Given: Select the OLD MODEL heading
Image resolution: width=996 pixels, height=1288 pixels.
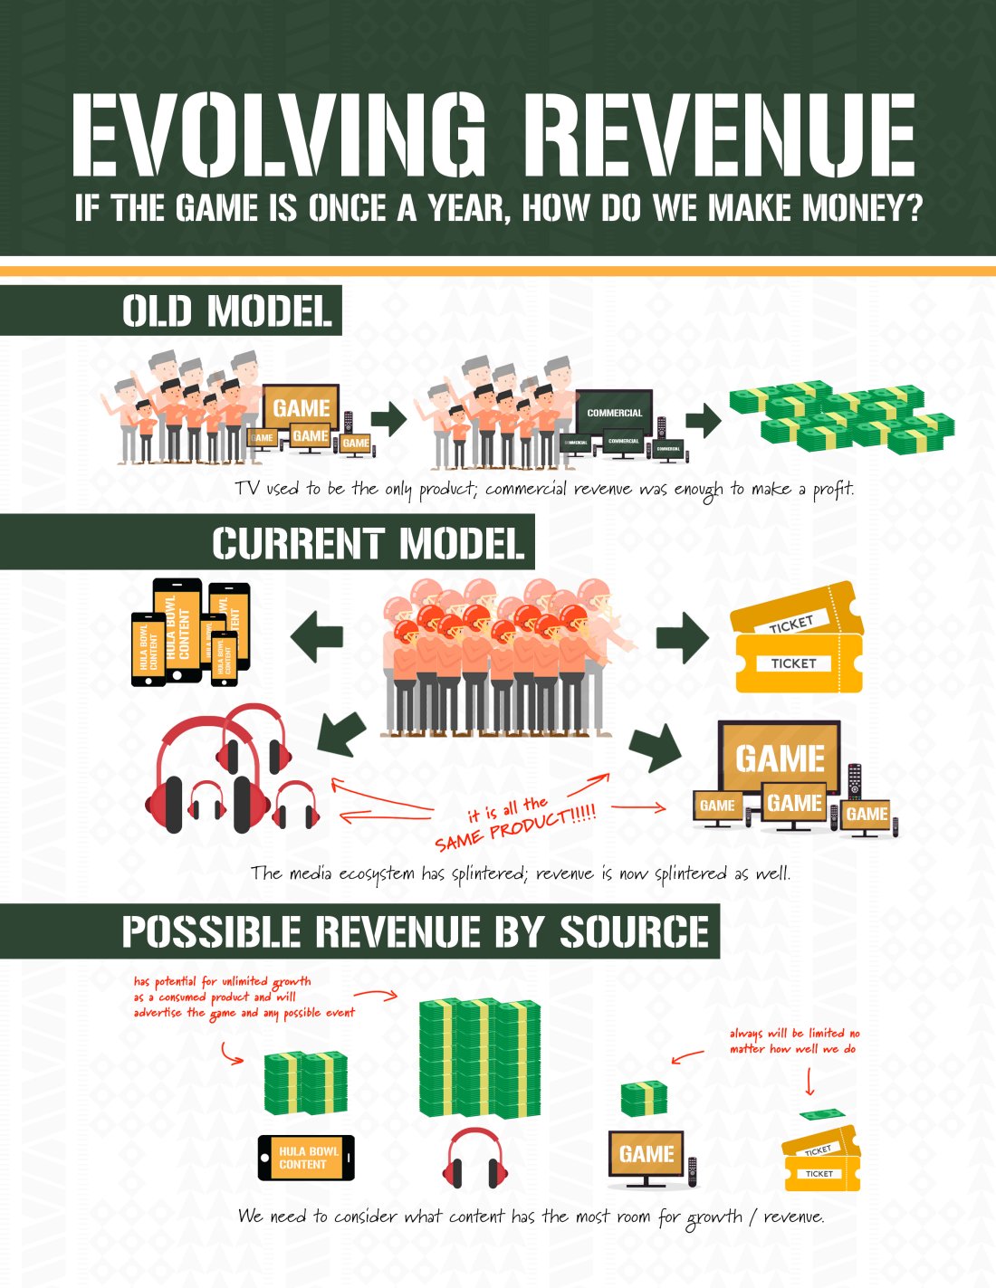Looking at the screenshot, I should point(226,310).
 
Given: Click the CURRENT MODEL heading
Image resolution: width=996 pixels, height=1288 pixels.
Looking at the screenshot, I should point(368,543).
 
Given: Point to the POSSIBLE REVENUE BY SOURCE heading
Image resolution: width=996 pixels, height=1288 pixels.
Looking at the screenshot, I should point(415,931).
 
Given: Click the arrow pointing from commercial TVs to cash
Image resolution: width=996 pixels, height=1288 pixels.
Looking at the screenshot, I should point(703,419).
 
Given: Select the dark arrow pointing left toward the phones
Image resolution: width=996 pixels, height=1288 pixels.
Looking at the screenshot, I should point(317,635).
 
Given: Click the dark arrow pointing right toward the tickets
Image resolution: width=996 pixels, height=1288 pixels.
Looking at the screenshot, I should point(682,637).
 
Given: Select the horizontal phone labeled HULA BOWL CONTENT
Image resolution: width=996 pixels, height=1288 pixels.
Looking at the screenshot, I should point(307,1158).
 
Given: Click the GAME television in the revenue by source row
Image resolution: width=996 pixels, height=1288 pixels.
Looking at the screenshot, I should point(646,1156).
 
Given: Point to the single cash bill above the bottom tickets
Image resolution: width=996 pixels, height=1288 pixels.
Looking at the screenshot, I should point(823,1114).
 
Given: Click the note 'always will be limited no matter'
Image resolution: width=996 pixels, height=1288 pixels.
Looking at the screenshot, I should point(794,1041).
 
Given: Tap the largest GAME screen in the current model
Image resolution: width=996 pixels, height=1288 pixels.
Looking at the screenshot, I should point(779,758).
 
